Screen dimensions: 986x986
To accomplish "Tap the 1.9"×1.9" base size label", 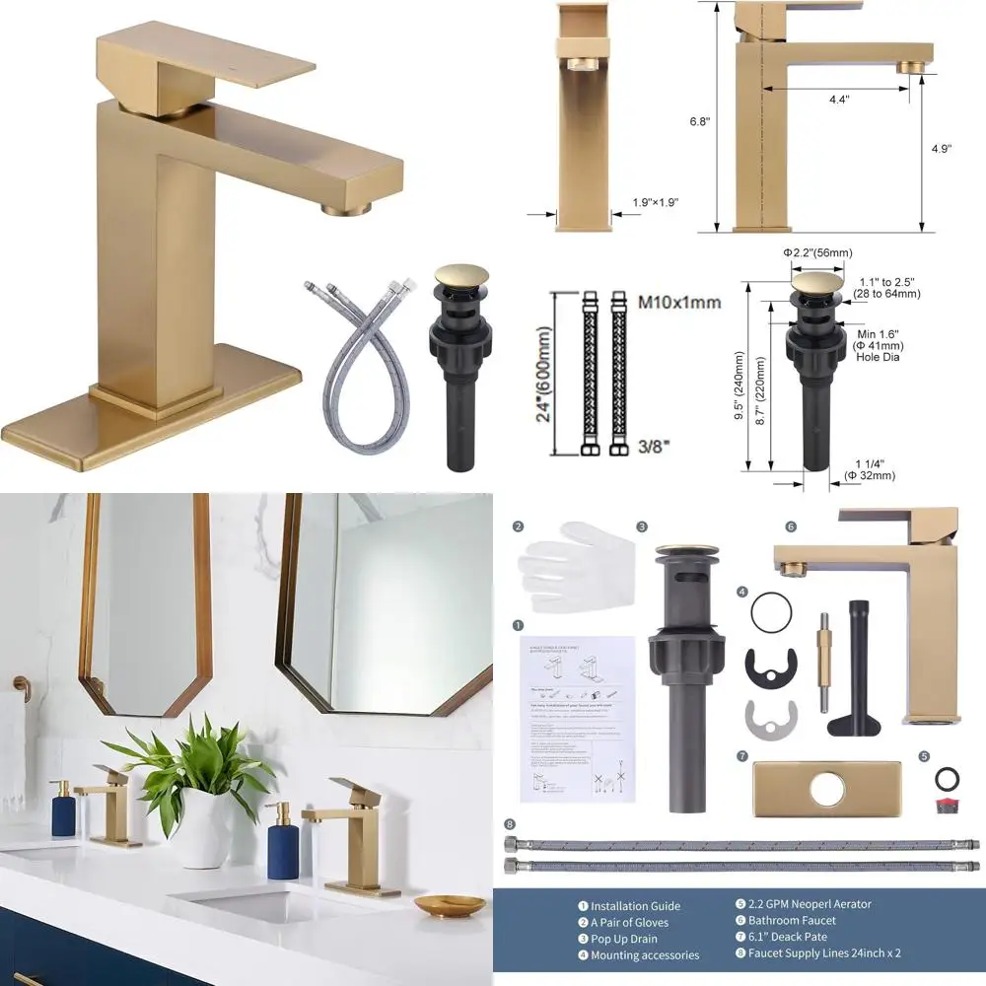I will click(x=655, y=202).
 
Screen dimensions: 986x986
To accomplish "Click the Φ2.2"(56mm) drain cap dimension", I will click(x=817, y=253).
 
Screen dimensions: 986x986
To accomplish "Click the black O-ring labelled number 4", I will click(x=771, y=611).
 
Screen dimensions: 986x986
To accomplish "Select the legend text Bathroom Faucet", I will click(x=793, y=920).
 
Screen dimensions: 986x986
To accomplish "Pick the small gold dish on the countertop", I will click(x=448, y=903).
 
